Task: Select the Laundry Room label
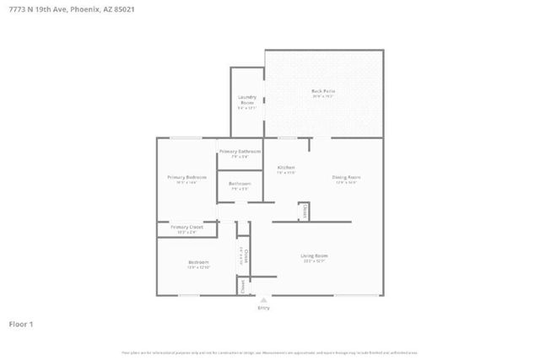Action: (246, 100)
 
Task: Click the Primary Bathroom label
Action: (234, 151)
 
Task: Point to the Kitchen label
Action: (286, 168)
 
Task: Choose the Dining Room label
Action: (346, 177)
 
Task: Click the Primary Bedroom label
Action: (186, 177)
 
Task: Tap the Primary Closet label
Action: (186, 227)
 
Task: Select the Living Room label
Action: (315, 255)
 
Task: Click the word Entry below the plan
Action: (264, 308)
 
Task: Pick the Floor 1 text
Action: (21, 323)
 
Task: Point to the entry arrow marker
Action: (264, 298)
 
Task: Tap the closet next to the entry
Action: (242, 287)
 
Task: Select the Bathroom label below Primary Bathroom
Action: (240, 184)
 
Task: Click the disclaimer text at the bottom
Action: (270, 352)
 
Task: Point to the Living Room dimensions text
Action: (315, 261)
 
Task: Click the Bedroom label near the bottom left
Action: (198, 262)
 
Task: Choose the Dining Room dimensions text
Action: (346, 183)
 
